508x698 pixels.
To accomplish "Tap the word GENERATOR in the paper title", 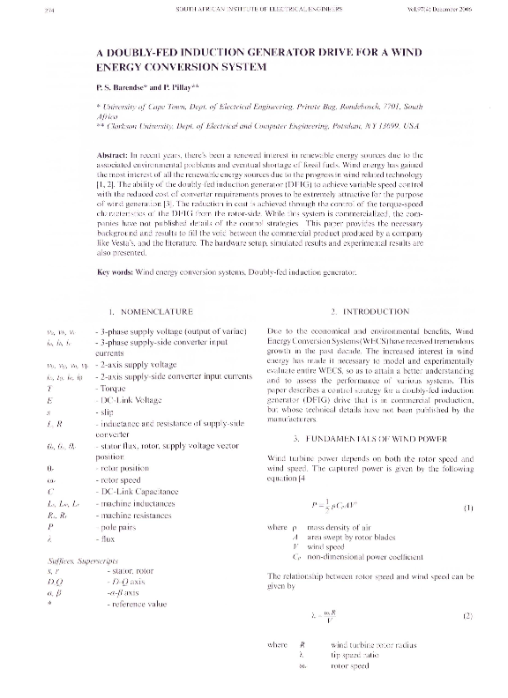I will tap(268, 52).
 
